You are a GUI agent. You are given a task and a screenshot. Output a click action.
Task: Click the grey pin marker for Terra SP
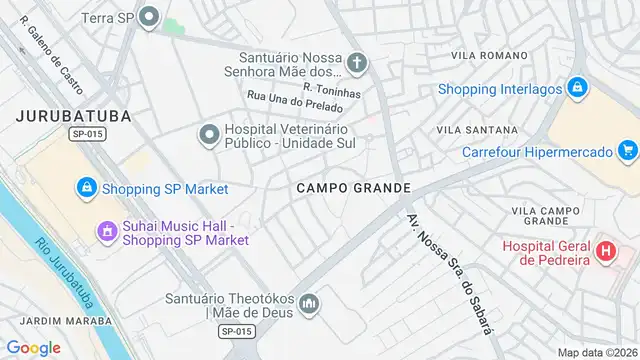click(x=150, y=16)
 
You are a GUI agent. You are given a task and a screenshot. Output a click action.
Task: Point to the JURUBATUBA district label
click(x=74, y=116)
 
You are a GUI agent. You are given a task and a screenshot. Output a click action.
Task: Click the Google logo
click(x=33, y=347)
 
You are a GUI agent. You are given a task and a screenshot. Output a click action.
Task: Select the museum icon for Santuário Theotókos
click(x=310, y=302)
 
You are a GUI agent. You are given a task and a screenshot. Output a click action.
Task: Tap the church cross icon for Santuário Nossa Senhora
click(x=357, y=64)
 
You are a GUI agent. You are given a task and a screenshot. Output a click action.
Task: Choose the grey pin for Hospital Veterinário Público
click(x=209, y=133)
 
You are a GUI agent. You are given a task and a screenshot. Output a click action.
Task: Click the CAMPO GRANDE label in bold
click(x=353, y=188)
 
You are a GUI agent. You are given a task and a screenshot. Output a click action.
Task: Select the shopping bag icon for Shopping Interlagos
click(x=577, y=88)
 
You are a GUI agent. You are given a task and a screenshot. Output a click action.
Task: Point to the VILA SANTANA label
click(x=477, y=130)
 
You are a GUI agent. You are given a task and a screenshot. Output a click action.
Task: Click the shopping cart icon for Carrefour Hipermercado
click(x=628, y=151)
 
